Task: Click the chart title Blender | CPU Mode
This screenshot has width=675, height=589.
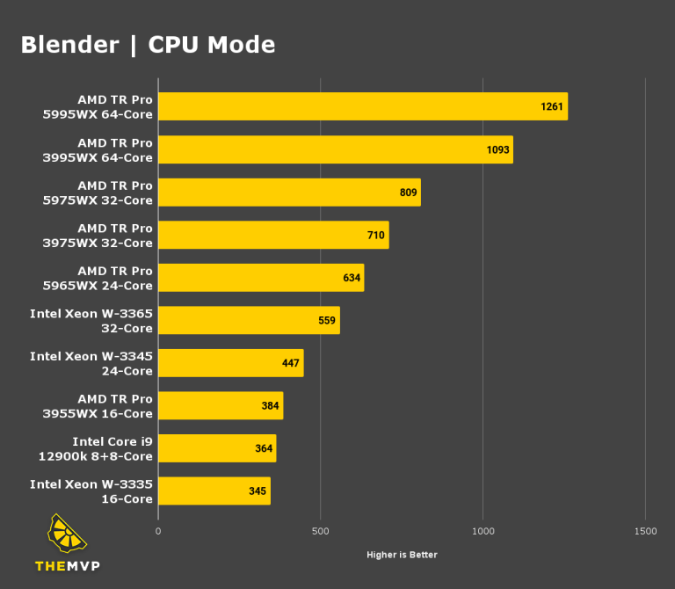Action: pyautogui.click(x=148, y=45)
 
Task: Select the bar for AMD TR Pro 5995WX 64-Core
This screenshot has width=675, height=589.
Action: pyautogui.click(x=362, y=106)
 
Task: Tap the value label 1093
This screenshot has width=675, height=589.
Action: pyautogui.click(x=497, y=149)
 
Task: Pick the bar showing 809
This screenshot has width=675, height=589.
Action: pyautogui.click(x=289, y=193)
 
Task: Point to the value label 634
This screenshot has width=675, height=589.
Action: pyautogui.click(x=352, y=278)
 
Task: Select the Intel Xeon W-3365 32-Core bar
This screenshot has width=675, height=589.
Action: pyautogui.click(x=249, y=321)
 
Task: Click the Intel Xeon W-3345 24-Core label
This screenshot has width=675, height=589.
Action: pyautogui.click(x=91, y=363)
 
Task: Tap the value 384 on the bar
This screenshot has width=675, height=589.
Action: pyautogui.click(x=270, y=406)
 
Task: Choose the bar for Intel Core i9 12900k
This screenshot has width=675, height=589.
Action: pyautogui.click(x=217, y=448)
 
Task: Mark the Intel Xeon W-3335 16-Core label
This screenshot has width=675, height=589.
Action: pyautogui.click(x=91, y=491)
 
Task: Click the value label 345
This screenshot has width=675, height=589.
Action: pyautogui.click(x=258, y=491)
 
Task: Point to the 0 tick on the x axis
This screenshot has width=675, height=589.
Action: pyautogui.click(x=158, y=532)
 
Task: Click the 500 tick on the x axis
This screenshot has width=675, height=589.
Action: pyautogui.click(x=320, y=532)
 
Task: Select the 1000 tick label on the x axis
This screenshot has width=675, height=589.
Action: pyautogui.click(x=483, y=532)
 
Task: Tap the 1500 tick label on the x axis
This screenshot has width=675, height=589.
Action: pyautogui.click(x=645, y=532)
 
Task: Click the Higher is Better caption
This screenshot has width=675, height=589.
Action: pyautogui.click(x=402, y=555)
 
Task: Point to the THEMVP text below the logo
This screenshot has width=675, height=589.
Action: pyautogui.click(x=68, y=566)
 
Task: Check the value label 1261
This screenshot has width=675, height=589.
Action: pyautogui.click(x=552, y=106)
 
